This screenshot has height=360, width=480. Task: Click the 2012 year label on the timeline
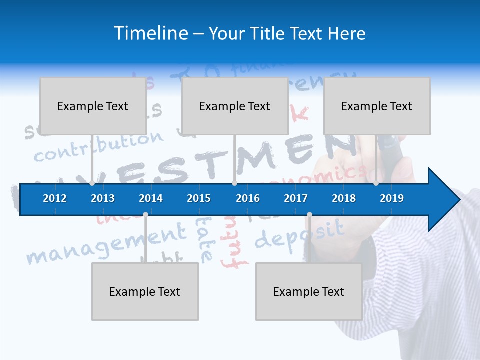pos(55,198)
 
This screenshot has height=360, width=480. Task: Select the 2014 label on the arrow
pos(151,198)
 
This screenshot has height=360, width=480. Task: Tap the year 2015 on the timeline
pos(199,198)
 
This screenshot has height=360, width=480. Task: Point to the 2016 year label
pos(248,198)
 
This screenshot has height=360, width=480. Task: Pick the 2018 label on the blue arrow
pos(344,198)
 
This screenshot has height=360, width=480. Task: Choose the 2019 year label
pos(392,198)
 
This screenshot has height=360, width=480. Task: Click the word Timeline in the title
pos(150,33)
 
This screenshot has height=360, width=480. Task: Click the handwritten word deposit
pos(300,235)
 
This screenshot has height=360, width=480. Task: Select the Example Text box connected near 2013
pos(93,106)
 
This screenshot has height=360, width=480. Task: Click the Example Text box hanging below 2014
pos(145,291)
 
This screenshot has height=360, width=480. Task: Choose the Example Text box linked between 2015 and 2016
pos(235,106)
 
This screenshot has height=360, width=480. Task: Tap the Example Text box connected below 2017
pos(309,291)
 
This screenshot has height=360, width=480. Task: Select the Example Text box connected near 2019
pos(377,106)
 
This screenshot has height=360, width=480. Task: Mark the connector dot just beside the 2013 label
pos(92,183)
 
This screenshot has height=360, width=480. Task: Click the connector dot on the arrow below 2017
pos(309,215)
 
